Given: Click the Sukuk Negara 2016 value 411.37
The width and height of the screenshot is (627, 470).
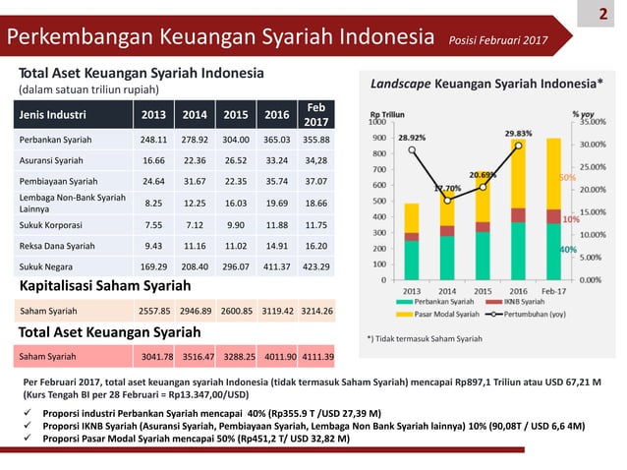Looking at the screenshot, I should pyautogui.click(x=275, y=266).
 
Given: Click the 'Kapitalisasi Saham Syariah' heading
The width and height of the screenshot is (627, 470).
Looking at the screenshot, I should pyautogui.click(x=111, y=286).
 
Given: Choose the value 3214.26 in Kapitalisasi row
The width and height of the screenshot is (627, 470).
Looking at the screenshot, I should pyautogui.click(x=315, y=311).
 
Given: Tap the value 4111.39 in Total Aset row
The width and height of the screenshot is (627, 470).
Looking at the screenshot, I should pyautogui.click(x=315, y=356).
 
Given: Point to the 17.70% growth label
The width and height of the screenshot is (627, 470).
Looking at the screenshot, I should pyautogui.click(x=447, y=188).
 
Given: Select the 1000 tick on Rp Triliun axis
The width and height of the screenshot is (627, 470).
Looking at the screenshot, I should pyautogui.click(x=376, y=123).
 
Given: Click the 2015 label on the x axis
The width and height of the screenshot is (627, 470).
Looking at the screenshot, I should pyautogui.click(x=483, y=289).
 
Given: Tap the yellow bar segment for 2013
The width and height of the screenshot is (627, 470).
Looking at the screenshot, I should pyautogui.click(x=411, y=217).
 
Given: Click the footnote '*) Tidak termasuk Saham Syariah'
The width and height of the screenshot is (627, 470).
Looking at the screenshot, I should pyautogui.click(x=424, y=338).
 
